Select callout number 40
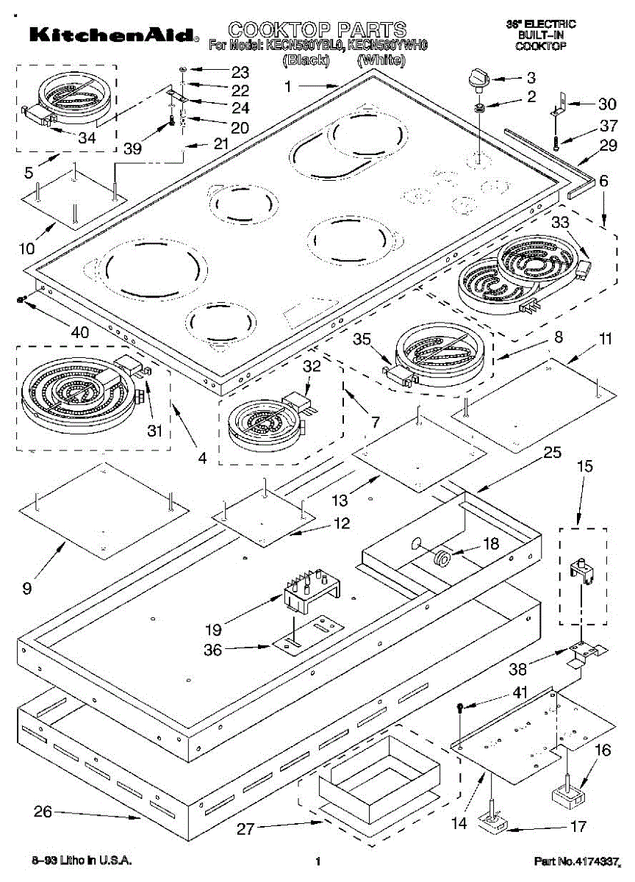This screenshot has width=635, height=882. click(x=79, y=331)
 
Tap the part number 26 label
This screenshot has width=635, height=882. click(x=43, y=811)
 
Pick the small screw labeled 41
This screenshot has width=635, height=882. click(x=461, y=708)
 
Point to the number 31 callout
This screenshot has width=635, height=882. click(x=154, y=431)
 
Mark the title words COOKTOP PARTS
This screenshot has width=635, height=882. click(x=317, y=30)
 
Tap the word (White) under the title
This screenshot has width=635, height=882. click(x=381, y=61)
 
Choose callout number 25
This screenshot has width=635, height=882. click(x=553, y=452)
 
